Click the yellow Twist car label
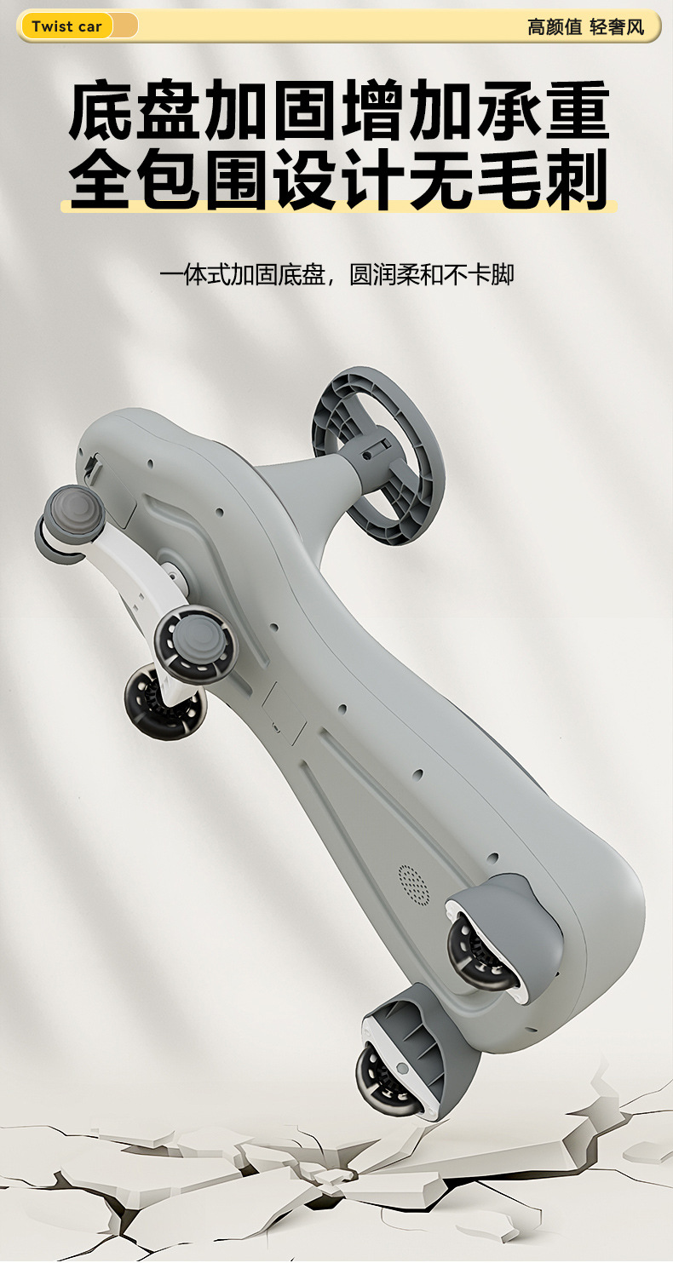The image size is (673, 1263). (66, 26)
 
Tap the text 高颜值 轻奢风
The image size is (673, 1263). (585, 26)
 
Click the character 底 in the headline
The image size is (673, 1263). (101, 110)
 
